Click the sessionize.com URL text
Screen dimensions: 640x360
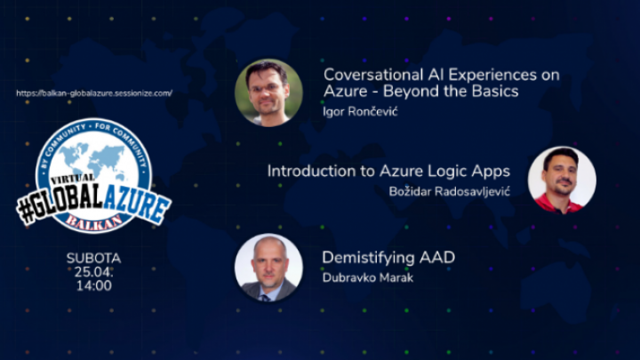pos(94,93)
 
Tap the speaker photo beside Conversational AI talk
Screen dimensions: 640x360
pos(268,92)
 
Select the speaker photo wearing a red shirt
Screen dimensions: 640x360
pos(562,180)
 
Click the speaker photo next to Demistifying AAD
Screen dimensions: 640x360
pos(268,268)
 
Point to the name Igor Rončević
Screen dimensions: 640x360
pos(360,111)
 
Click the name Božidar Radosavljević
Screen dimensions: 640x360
pos(450,191)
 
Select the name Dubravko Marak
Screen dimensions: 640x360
pos(368,277)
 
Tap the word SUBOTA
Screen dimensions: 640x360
pos(94,259)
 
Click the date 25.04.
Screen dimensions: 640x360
pos(93,272)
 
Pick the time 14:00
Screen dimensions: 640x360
pos(94,285)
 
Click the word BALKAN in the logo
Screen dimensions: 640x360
pos(94,220)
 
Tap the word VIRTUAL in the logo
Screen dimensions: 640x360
pos(72,179)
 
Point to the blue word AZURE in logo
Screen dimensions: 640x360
pos(136,206)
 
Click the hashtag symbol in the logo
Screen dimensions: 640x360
pos(26,212)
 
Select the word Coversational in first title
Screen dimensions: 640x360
pos(373,75)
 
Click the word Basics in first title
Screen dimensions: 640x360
pos(495,91)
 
